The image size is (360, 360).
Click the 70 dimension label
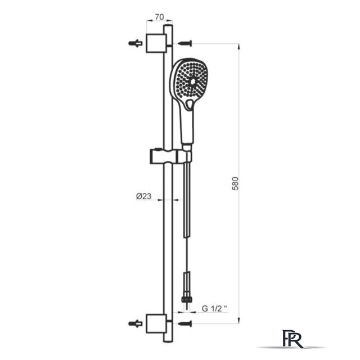(159, 17)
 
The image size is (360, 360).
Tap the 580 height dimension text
(235, 183)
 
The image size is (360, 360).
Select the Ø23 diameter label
(144, 196)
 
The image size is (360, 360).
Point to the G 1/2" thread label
(214, 308)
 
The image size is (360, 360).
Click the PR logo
(292, 339)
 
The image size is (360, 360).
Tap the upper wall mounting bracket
(156, 43)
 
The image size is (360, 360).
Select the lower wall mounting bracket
(156, 324)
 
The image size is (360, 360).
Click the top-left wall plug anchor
(135, 43)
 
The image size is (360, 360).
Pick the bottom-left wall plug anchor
(135, 323)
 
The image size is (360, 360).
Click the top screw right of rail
(185, 43)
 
